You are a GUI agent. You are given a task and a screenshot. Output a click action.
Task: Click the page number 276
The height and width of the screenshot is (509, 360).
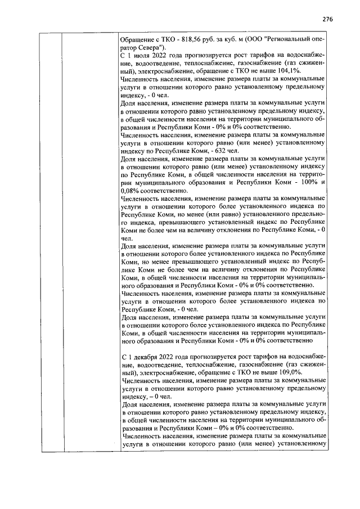(327, 19)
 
